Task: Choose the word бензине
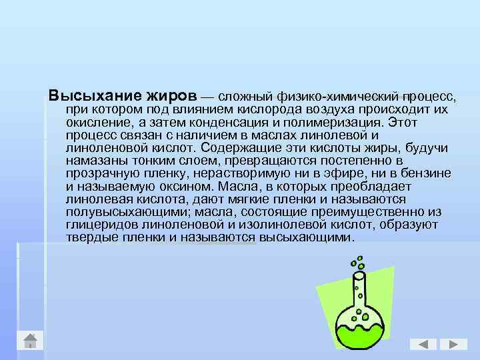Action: tap(427, 173)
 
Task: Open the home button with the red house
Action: tap(30, 340)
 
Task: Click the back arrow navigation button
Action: tap(423, 344)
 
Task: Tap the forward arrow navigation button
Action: tap(453, 344)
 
